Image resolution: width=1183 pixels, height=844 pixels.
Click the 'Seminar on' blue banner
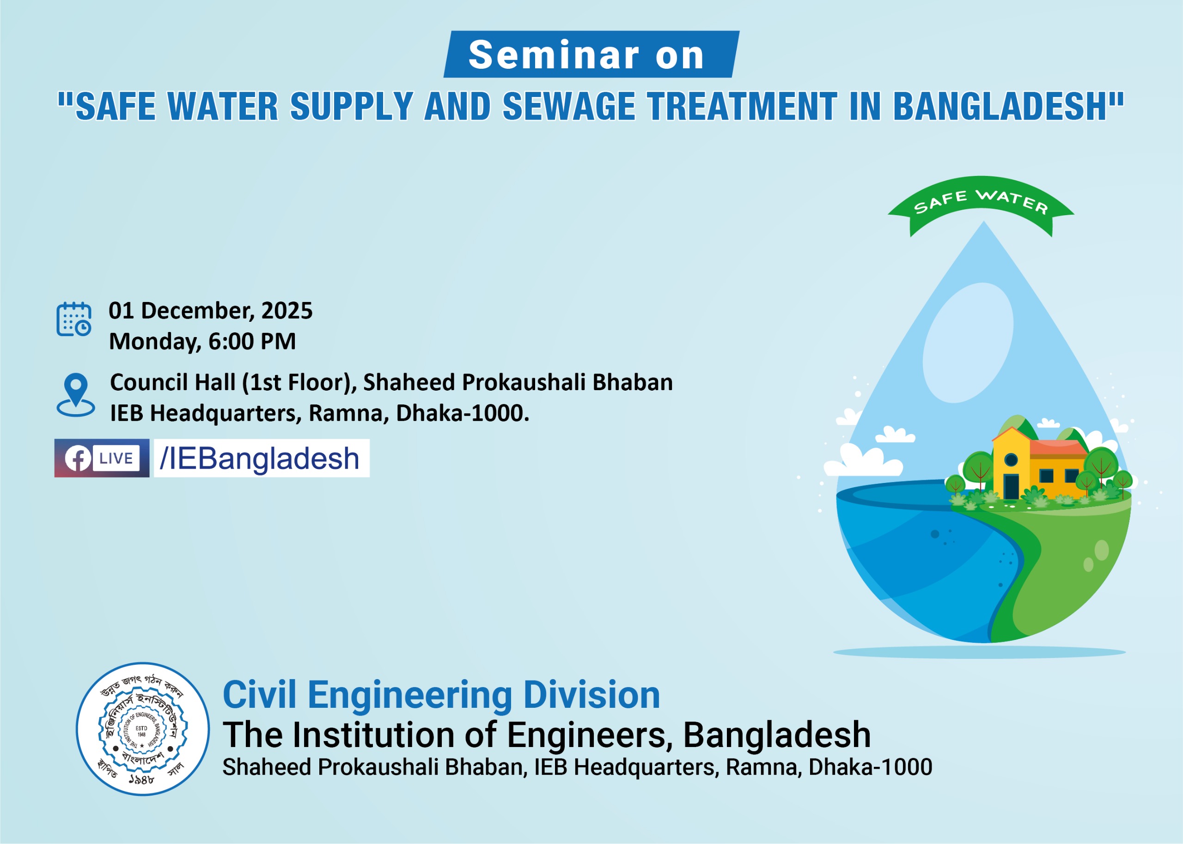pyautogui.click(x=591, y=54)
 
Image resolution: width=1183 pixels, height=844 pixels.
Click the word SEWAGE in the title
pyautogui.click(x=569, y=107)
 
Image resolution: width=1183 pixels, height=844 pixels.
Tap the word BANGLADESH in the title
pyautogui.click(x=1004, y=107)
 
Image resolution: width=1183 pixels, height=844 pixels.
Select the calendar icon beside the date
pyautogui.click(x=74, y=319)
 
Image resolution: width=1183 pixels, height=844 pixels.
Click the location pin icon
pyautogui.click(x=76, y=394)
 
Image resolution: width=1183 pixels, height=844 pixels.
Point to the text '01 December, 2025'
pyautogui.click(x=211, y=311)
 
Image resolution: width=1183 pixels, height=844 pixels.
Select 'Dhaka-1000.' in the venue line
pyautogui.click(x=462, y=413)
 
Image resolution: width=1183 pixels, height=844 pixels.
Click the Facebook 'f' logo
pyautogui.click(x=78, y=458)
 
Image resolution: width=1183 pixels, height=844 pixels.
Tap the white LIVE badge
pyautogui.click(x=116, y=458)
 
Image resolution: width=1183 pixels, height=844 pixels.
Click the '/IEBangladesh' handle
pyautogui.click(x=260, y=458)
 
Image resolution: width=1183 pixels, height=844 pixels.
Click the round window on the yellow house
pyautogui.click(x=1011, y=459)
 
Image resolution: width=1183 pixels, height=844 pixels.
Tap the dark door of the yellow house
pyautogui.click(x=1011, y=486)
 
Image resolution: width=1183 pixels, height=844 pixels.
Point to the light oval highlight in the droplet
pyautogui.click(x=968, y=343)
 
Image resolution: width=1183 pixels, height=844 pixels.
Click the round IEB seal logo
pyautogui.click(x=142, y=729)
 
